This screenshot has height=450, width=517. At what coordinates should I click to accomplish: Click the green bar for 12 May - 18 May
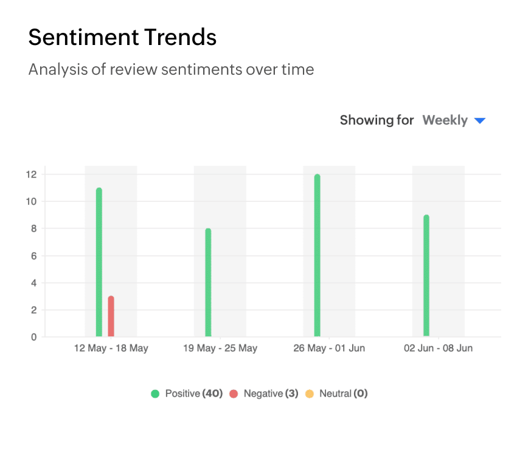[99, 261]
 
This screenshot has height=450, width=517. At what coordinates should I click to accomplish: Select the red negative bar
[111, 316]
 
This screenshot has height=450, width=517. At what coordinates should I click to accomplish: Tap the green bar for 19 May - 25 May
[208, 283]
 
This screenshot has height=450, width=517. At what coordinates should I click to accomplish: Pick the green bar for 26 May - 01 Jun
[317, 255]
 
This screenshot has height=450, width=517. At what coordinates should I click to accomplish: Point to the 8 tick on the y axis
[34, 229]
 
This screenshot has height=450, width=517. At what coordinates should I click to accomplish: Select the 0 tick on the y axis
[34, 337]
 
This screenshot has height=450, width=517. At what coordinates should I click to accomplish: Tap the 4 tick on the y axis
[34, 283]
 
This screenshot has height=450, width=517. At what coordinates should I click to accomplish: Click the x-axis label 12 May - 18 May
[111, 348]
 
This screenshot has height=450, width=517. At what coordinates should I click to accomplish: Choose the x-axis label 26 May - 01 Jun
[329, 348]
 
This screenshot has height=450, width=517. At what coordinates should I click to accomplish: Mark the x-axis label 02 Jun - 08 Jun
[439, 348]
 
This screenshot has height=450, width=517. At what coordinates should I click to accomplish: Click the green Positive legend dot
[155, 394]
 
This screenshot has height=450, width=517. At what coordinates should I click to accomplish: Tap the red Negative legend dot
[234, 394]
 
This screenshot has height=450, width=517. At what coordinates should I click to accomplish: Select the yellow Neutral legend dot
[309, 394]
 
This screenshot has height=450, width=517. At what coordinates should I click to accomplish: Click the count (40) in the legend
[212, 393]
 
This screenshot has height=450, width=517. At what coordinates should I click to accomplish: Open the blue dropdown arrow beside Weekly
[479, 121]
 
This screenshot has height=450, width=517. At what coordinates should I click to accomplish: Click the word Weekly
[445, 120]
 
